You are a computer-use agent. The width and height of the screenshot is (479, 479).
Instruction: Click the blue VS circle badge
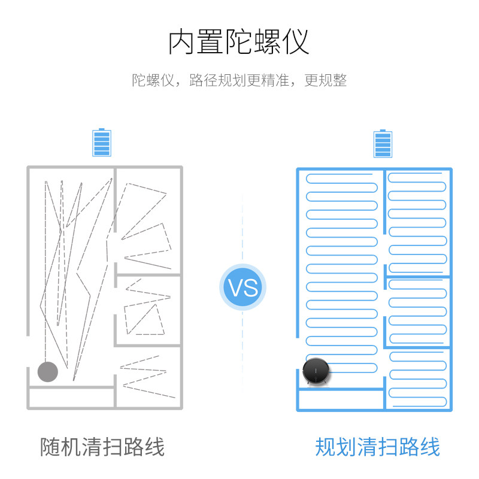tap(242, 287)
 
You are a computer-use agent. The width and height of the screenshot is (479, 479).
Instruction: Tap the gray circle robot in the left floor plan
tap(48, 372)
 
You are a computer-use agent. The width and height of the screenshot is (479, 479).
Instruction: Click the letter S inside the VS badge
tap(251, 287)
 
